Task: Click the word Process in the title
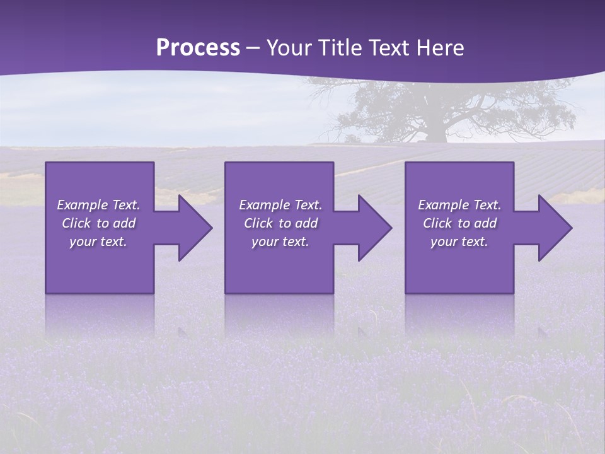tap(198, 48)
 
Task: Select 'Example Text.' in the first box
tap(99, 205)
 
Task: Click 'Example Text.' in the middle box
tap(280, 205)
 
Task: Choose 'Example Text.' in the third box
tap(459, 205)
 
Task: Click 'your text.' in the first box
tap(98, 242)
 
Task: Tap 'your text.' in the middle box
tap(280, 242)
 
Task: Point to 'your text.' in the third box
tap(459, 242)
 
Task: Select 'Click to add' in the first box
tap(99, 223)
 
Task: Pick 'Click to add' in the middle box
tap(280, 223)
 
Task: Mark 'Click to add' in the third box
tap(459, 223)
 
